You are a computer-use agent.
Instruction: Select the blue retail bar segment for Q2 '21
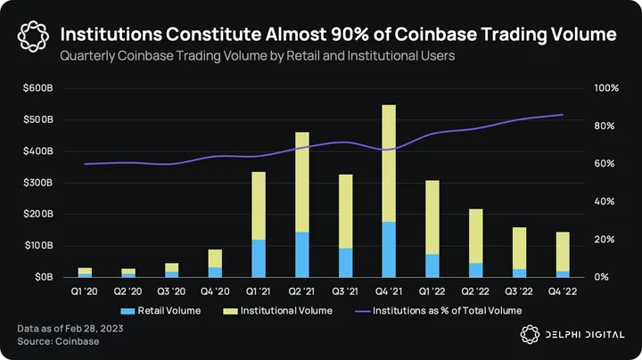pyautogui.click(x=302, y=254)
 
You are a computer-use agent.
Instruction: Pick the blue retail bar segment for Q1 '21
pyautogui.click(x=259, y=258)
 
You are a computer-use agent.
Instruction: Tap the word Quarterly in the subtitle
pyautogui.click(x=88, y=55)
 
